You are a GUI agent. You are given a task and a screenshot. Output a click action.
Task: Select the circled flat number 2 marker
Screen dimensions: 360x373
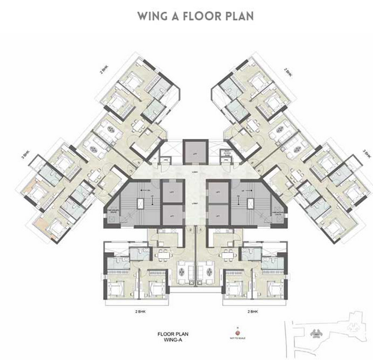click(x=189, y=229)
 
